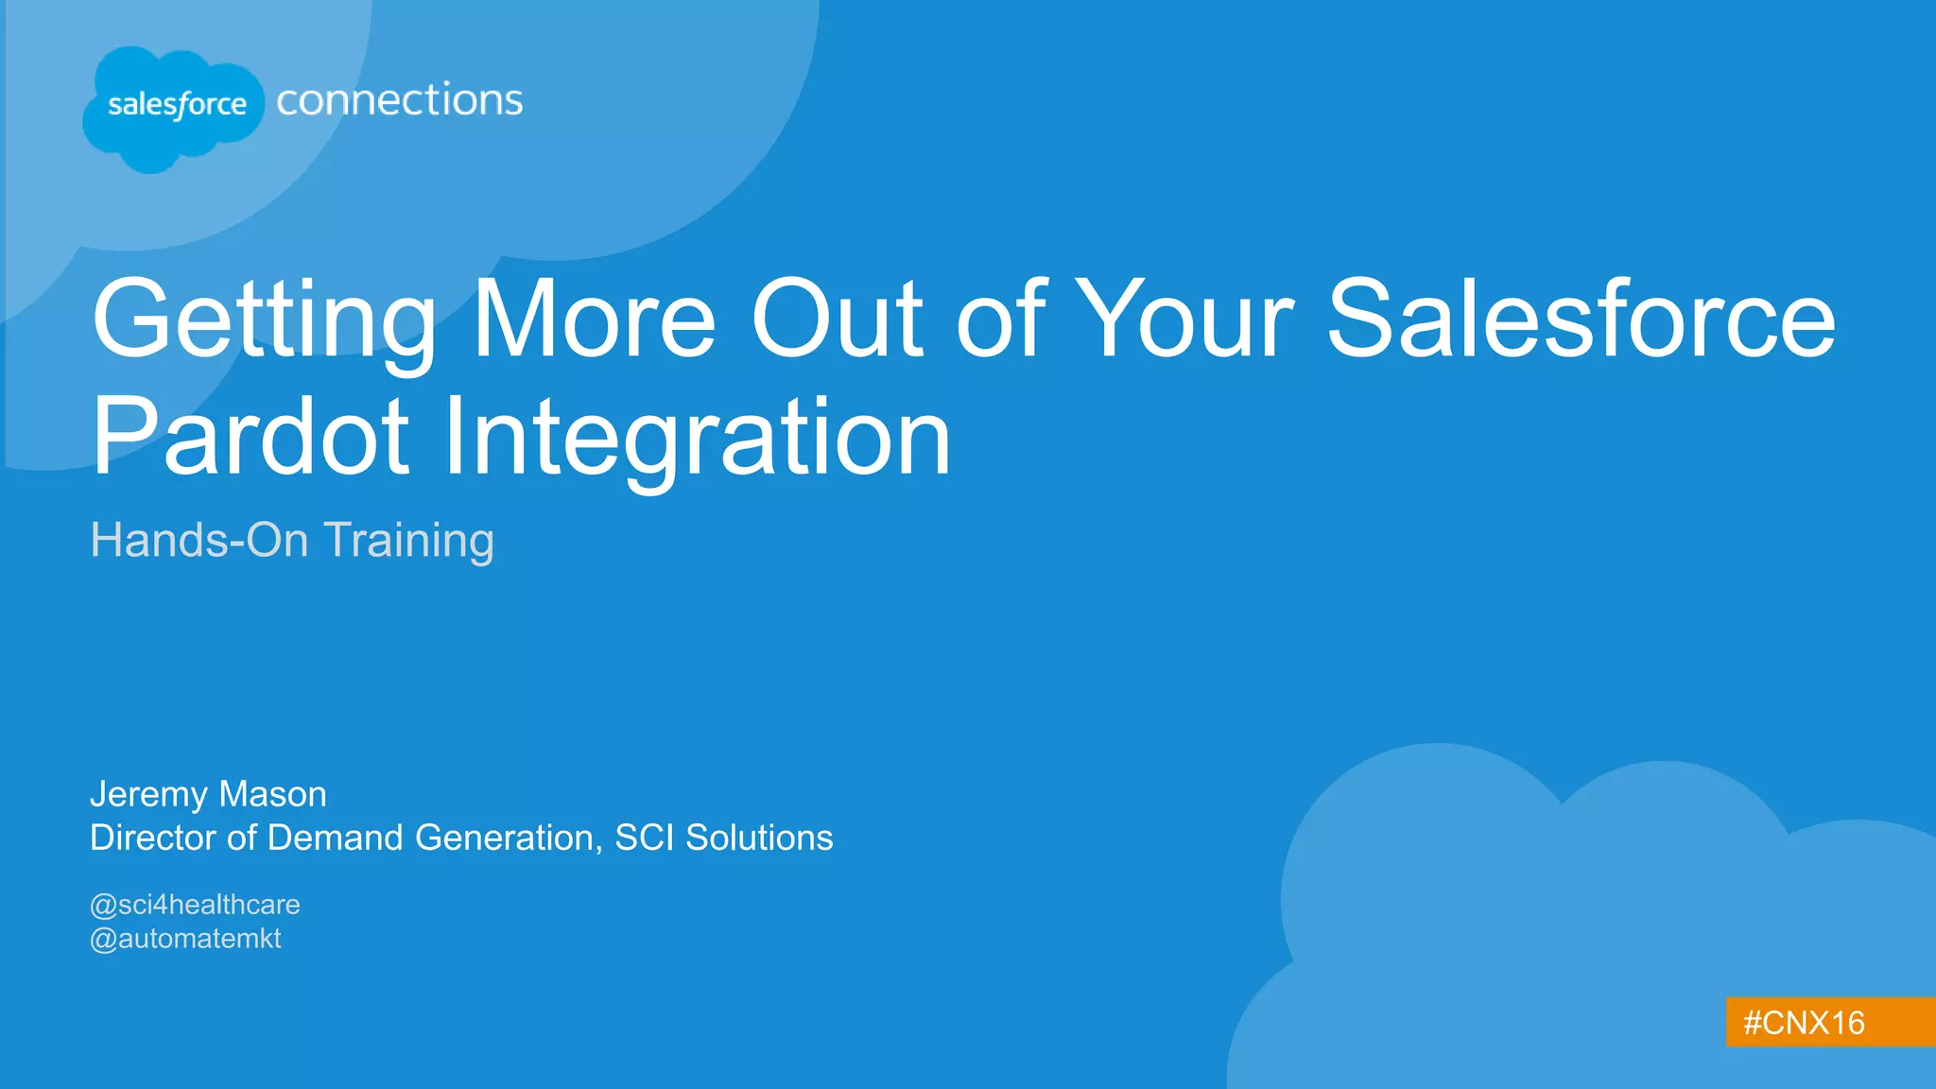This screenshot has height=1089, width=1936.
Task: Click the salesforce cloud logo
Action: (175, 106)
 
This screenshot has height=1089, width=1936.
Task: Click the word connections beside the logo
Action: (399, 100)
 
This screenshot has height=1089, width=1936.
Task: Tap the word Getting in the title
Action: (265, 321)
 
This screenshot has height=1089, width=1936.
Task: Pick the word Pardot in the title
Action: (251, 437)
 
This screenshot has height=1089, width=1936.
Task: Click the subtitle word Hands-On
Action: (199, 541)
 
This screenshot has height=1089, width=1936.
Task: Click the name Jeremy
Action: (147, 795)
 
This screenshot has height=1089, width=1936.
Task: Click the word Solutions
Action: (759, 838)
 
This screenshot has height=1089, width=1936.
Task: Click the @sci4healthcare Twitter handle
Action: (195, 905)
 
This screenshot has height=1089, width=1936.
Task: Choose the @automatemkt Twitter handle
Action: (185, 939)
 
